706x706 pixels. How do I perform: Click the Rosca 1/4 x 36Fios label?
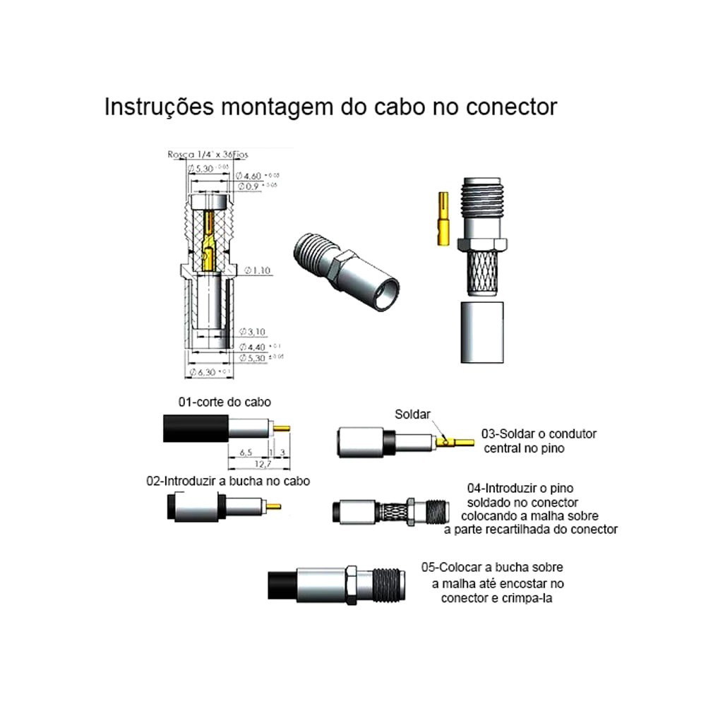[208, 154]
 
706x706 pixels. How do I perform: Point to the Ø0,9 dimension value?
[251, 186]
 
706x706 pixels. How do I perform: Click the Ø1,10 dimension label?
[258, 271]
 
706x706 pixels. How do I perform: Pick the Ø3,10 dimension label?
[253, 331]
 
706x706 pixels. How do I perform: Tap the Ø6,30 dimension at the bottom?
[205, 371]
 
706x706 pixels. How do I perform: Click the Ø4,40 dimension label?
[254, 347]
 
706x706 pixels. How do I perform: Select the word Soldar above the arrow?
[412, 414]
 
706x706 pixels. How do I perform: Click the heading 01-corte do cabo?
[225, 402]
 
